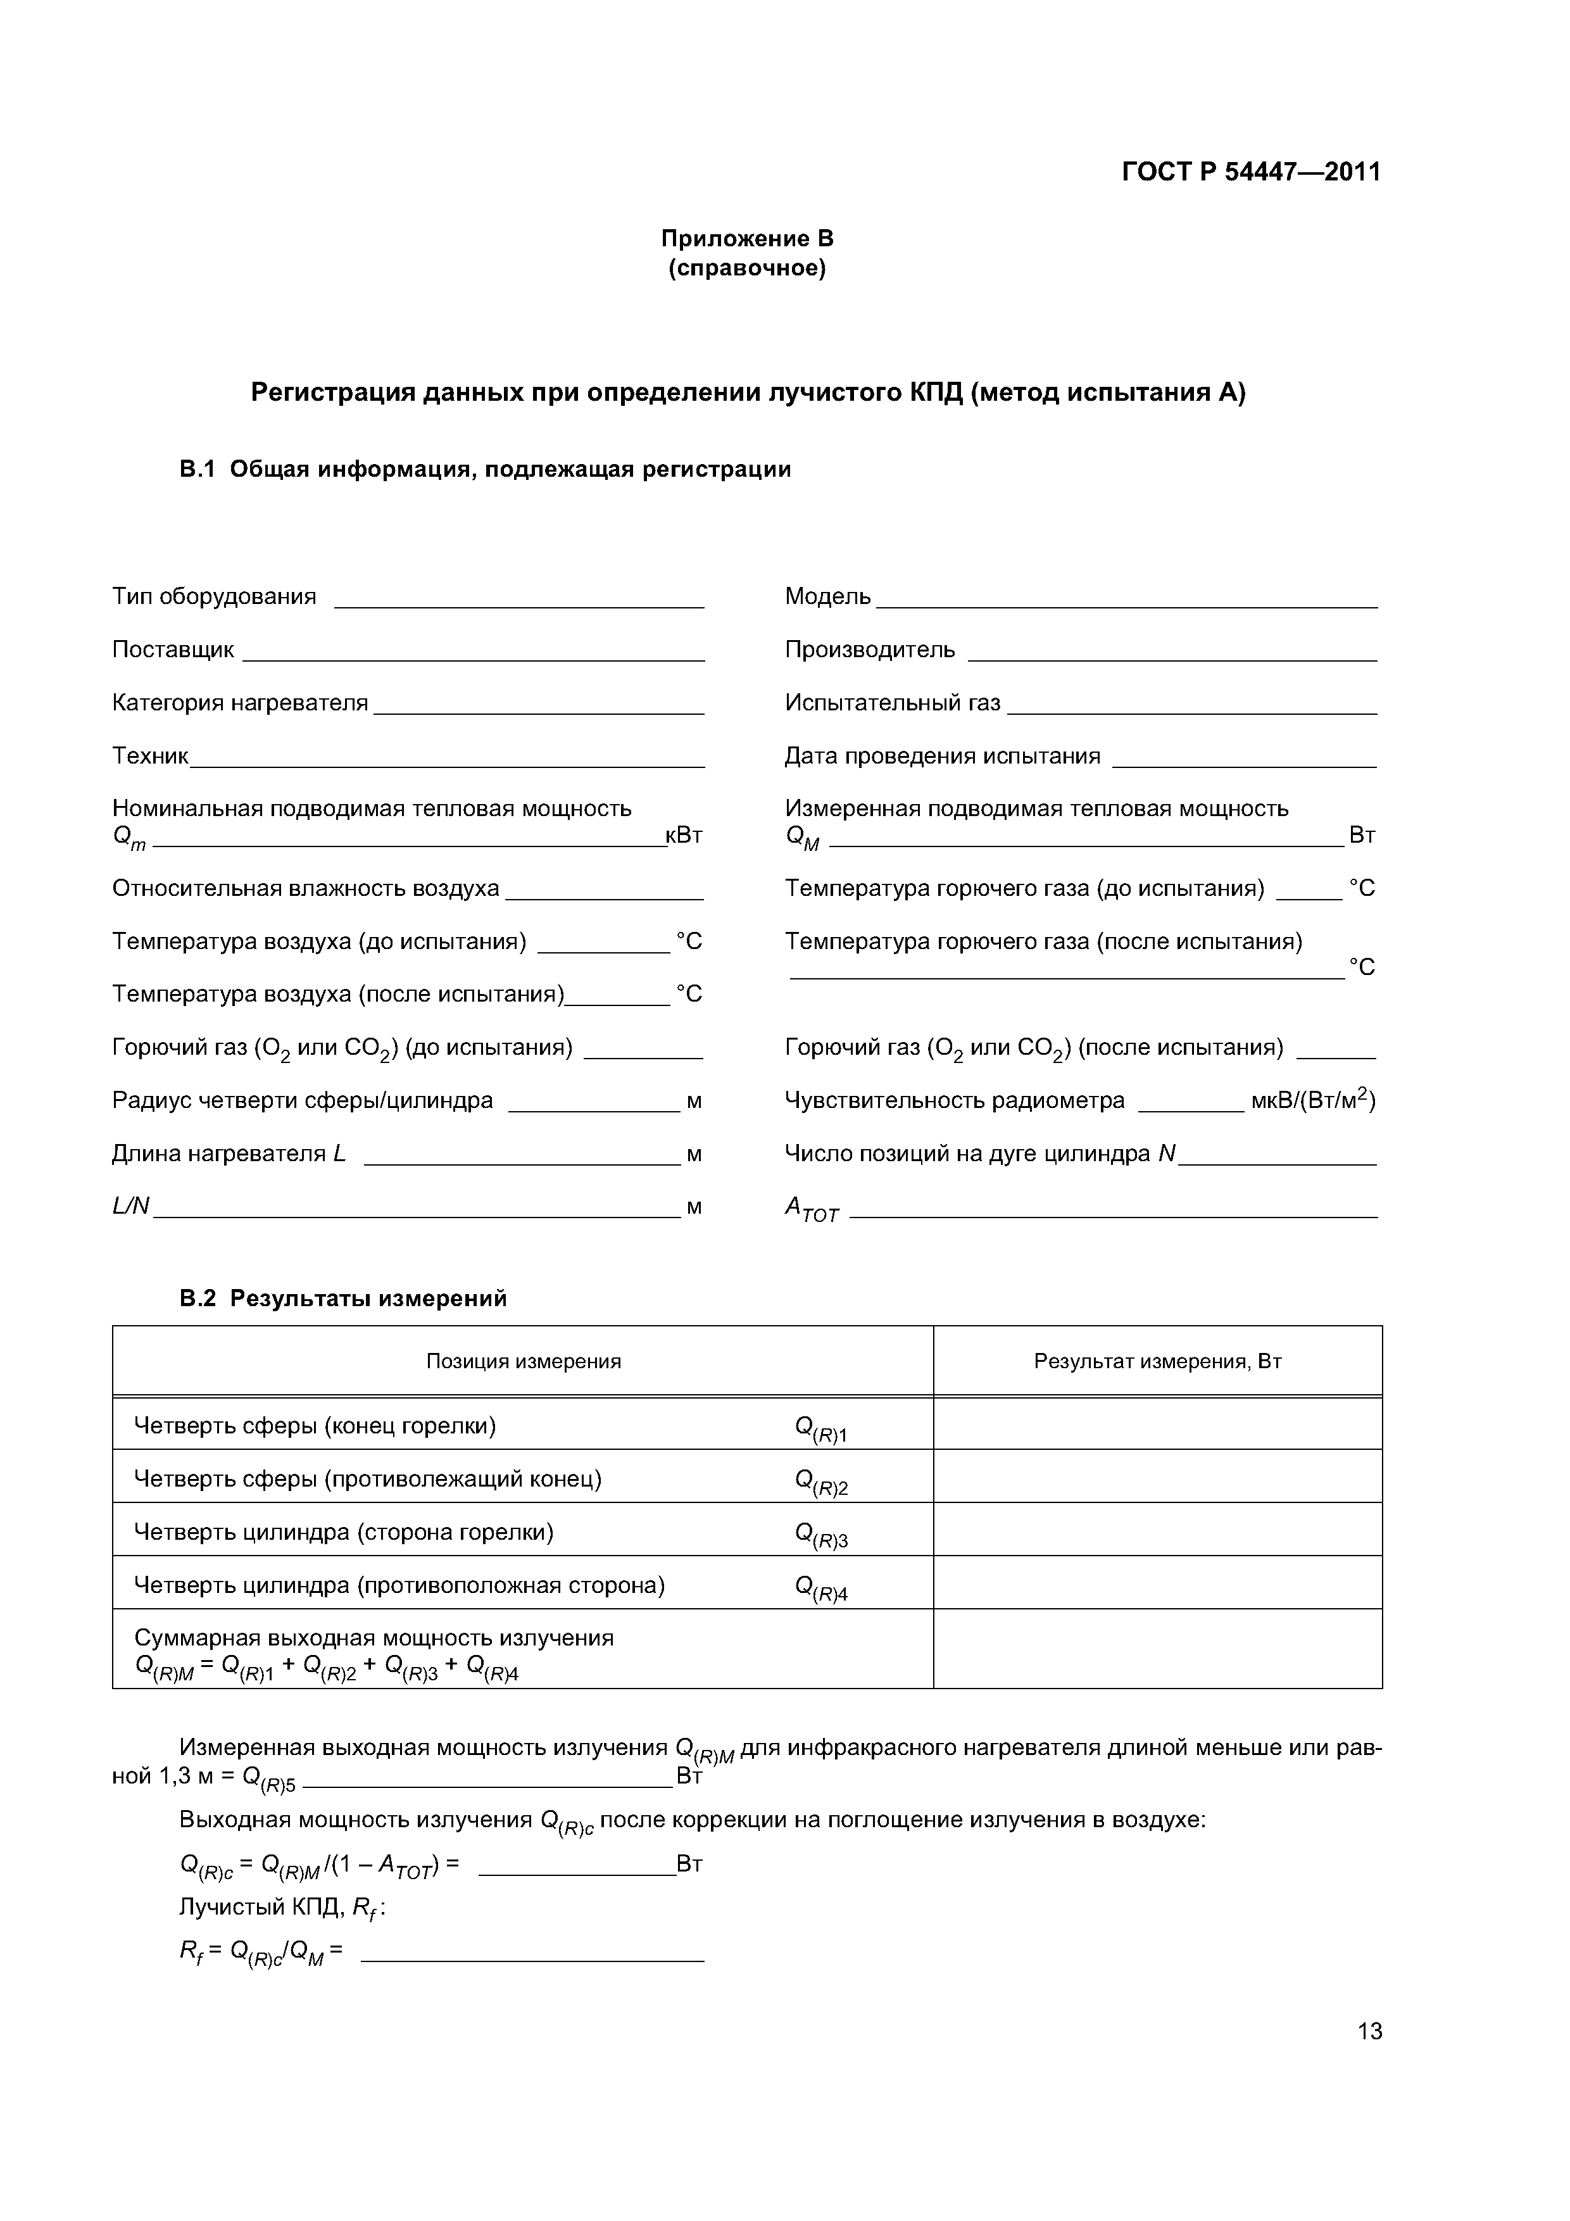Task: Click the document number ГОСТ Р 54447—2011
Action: tap(1251, 172)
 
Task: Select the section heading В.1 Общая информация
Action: tap(485, 469)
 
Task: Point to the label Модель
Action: tap(827, 597)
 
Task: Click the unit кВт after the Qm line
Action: tap(684, 836)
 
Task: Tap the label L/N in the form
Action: tap(130, 1206)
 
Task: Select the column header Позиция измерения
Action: tap(524, 1361)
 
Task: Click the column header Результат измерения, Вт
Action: tap(1157, 1361)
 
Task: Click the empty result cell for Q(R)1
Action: tap(1157, 1426)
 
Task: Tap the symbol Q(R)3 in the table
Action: tap(820, 1534)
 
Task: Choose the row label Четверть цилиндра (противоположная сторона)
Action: tap(399, 1585)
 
